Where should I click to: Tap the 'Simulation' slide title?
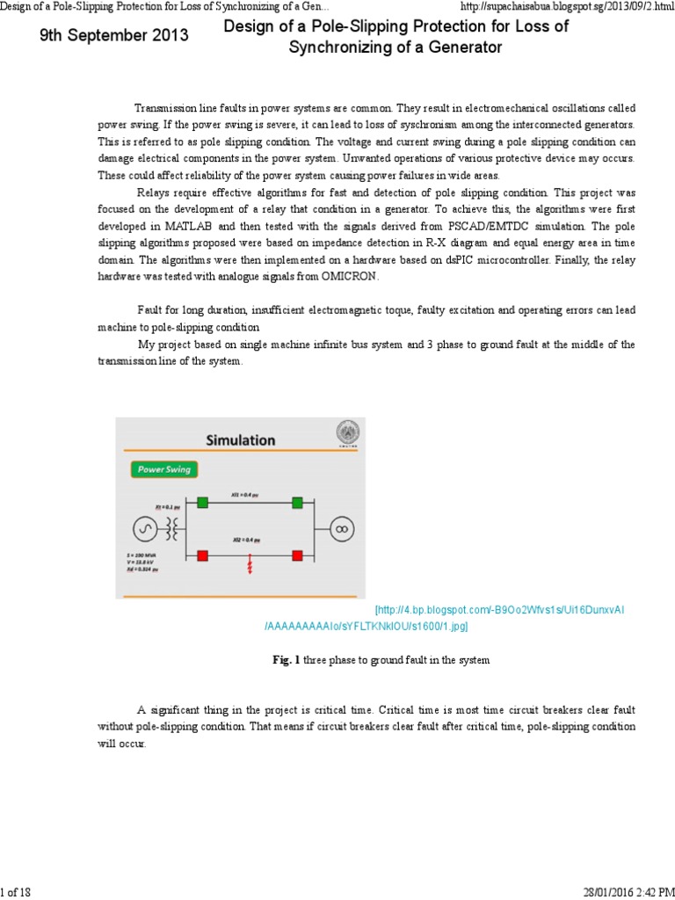pos(240,439)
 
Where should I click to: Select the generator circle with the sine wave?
pos(145,528)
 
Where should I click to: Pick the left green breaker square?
pos(203,503)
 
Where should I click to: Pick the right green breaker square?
pos(297,503)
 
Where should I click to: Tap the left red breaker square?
pos(203,555)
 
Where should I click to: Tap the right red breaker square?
pos(297,555)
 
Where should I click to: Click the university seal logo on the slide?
pos(348,433)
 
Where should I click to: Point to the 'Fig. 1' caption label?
pos(287,659)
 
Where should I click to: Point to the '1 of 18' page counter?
pos(16,892)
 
